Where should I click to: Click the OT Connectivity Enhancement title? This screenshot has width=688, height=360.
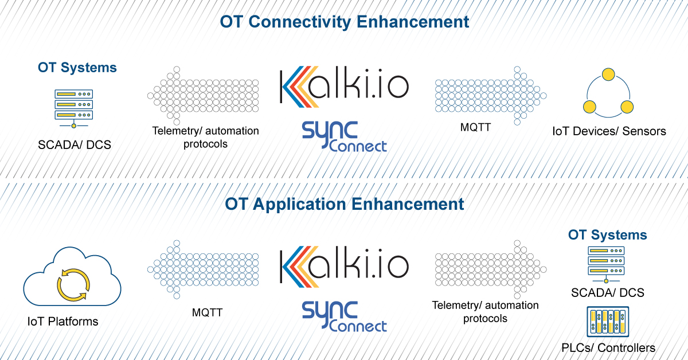point(345,22)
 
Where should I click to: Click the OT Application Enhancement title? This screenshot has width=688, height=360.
point(345,204)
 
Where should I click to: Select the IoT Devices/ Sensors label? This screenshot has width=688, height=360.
point(609,131)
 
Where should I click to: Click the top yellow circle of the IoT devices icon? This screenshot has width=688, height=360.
point(608,75)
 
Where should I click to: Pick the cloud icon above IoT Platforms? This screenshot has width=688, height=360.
point(72,276)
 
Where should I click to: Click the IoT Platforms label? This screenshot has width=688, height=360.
point(62,322)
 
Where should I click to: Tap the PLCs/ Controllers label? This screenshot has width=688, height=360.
point(608,348)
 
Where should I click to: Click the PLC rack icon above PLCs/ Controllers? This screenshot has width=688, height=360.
point(608,322)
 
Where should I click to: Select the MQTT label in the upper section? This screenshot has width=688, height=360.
point(475,127)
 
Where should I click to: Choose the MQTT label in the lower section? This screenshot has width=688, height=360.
point(208,312)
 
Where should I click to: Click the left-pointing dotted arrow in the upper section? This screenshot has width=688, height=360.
point(203,96)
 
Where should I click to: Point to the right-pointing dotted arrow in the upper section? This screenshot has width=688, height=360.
point(491,96)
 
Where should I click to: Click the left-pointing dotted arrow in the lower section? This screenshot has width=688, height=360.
point(203,269)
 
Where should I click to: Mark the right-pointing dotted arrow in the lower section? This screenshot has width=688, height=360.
point(491,269)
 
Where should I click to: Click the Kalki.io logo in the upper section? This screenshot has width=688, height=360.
point(345,87)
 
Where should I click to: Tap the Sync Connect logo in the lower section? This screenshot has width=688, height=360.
point(345,316)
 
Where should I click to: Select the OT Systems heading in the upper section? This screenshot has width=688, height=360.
point(77,68)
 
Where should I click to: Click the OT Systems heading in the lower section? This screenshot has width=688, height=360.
point(608,235)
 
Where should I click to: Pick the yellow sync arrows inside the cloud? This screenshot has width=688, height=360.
point(73,285)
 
